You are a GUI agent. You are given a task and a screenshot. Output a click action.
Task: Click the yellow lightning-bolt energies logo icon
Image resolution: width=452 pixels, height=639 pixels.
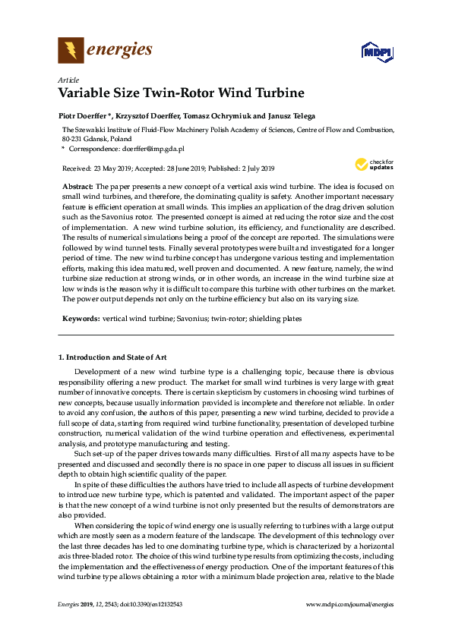click(x=71, y=51)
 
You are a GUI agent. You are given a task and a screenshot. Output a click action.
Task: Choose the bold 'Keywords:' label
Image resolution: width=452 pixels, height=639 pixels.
click(x=80, y=319)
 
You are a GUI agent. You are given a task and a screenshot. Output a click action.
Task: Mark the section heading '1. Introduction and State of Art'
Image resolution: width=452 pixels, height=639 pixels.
click(x=112, y=357)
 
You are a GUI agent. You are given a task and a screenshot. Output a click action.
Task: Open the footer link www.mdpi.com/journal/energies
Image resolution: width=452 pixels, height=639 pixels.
click(x=349, y=625)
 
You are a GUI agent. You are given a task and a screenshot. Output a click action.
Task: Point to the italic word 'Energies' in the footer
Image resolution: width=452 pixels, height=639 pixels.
click(x=70, y=625)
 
